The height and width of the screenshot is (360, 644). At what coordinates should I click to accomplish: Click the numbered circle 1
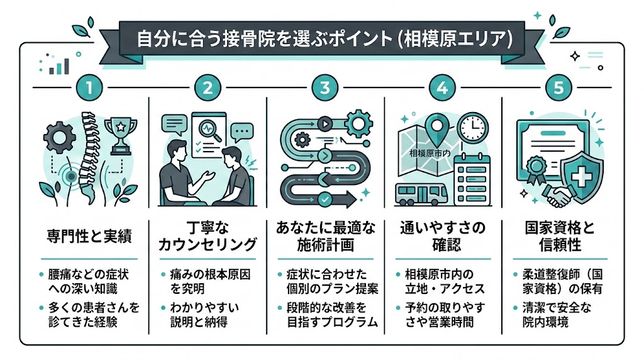(x=89, y=87)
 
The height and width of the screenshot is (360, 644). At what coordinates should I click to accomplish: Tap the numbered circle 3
(x=325, y=87)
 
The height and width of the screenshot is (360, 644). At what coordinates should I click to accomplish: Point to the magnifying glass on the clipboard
(x=208, y=129)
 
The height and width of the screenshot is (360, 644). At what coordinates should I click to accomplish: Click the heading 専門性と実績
(x=89, y=237)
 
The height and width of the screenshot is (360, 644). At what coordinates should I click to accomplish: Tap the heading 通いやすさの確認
(x=442, y=236)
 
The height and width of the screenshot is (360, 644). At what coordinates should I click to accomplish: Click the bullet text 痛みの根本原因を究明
(x=208, y=281)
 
